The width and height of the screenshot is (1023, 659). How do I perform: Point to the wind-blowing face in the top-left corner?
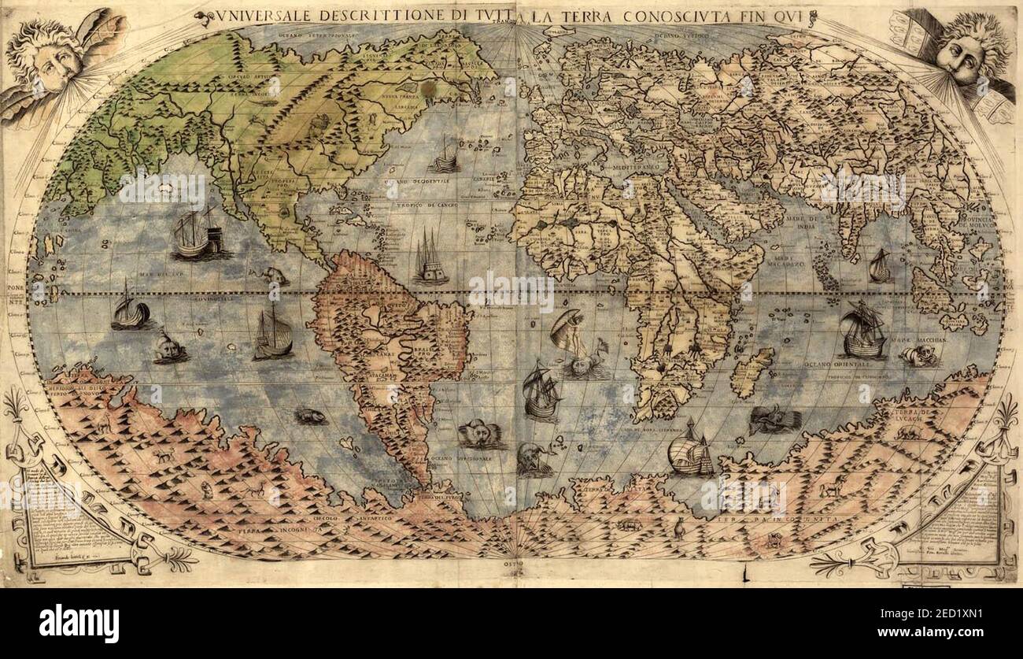click(x=47, y=59)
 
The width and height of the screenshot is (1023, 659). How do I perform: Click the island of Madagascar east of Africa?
click(x=752, y=372)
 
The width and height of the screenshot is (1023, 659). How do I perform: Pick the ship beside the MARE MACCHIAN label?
click(x=862, y=331)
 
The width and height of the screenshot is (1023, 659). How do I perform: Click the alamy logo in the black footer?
click(x=79, y=624)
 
